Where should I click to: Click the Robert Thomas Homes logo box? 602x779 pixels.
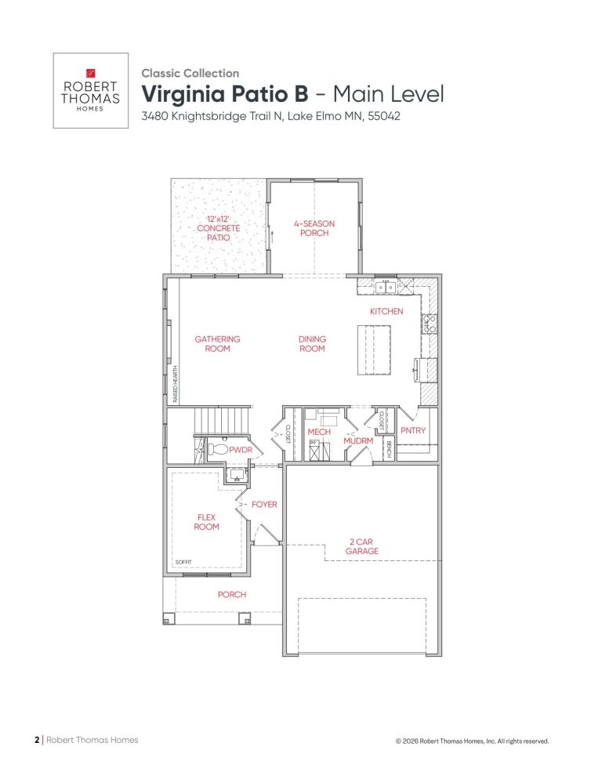tap(90, 90)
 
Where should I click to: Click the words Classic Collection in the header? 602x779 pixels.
tap(190, 73)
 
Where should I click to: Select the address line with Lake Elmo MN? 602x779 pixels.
tap(270, 118)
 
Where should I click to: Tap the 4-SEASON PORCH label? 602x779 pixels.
tap(314, 228)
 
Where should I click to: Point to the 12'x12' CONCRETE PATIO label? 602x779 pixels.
tap(218, 227)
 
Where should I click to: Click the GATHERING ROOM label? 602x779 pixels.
tap(217, 344)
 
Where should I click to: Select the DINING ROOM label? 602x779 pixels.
tap(312, 344)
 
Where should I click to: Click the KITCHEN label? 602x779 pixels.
tap(386, 311)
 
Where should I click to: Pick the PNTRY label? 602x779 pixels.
tap(412, 431)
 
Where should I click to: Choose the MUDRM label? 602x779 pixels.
tap(358, 441)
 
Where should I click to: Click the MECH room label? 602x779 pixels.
tap(319, 432)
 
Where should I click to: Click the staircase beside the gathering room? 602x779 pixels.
tap(223, 415)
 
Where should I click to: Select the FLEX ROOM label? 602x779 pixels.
tap(206, 522)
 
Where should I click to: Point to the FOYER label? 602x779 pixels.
tap(264, 505)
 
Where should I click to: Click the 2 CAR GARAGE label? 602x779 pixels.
tap(361, 546)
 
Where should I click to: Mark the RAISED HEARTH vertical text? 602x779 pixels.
tap(176, 383)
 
